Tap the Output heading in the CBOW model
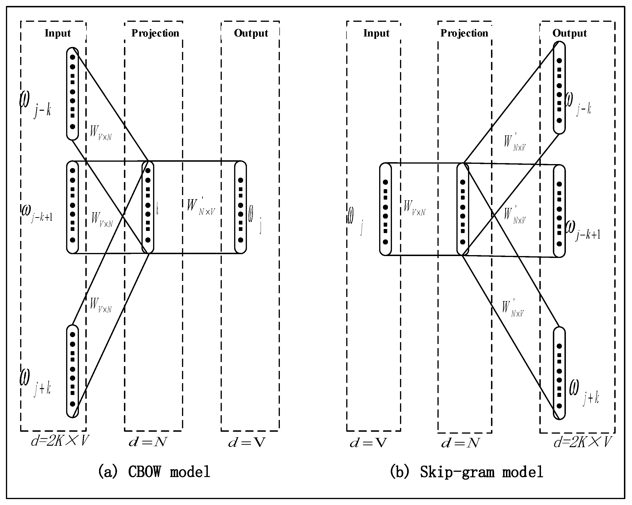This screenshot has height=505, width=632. pyautogui.click(x=251, y=33)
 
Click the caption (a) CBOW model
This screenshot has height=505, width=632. pyautogui.click(x=154, y=472)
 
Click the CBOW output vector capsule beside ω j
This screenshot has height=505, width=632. pyautogui.click(x=240, y=207)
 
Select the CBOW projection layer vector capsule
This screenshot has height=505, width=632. pyautogui.click(x=148, y=207)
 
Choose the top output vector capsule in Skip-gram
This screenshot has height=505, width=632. pyautogui.click(x=559, y=88)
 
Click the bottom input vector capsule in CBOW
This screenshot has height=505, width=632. pyautogui.click(x=73, y=371)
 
